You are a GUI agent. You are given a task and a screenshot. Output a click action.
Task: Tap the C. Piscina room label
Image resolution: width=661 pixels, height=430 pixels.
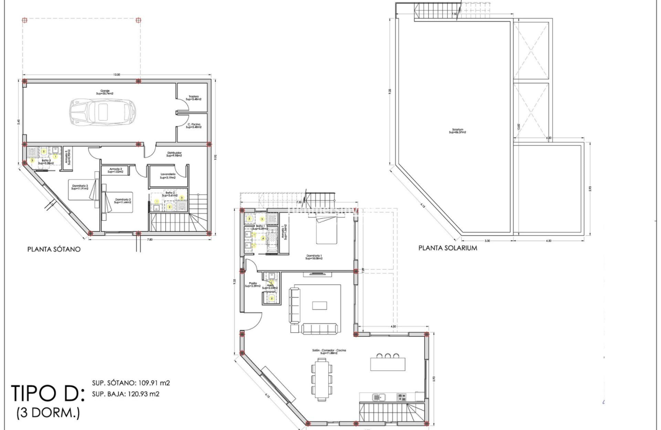click(193, 126)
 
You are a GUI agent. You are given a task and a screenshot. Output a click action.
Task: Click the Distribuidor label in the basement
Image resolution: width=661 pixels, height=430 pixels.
click(174, 154)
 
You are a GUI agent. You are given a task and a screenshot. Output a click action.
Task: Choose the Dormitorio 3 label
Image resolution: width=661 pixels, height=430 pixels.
click(79, 188)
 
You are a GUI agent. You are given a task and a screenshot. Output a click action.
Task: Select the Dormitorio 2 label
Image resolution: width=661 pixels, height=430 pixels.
click(123, 201)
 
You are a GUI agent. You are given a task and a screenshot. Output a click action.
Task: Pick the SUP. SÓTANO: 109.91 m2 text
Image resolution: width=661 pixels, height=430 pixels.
click(131, 383)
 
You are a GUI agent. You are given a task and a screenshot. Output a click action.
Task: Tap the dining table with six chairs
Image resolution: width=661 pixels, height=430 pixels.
click(321, 377)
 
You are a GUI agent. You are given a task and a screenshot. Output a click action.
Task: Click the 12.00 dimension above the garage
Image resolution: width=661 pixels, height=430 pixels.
click(117, 75)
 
